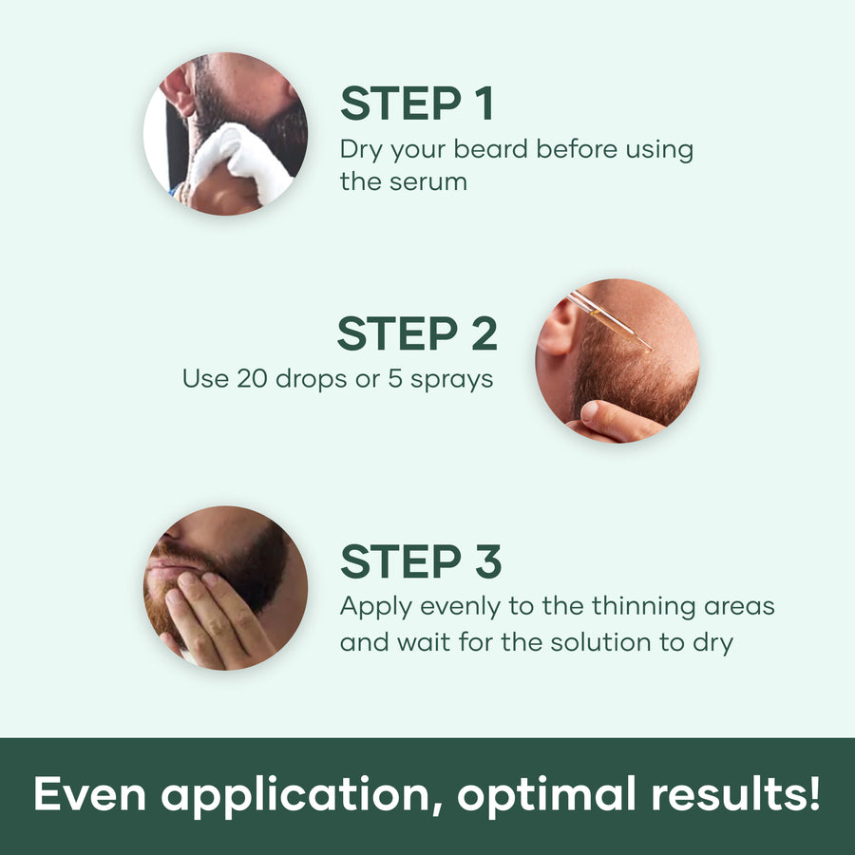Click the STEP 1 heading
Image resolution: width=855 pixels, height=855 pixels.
click(x=417, y=104)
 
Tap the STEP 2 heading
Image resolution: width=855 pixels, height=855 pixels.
click(x=416, y=334)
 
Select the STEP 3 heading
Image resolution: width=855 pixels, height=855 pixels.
click(x=421, y=562)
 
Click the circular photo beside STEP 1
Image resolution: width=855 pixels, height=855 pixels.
click(x=225, y=133)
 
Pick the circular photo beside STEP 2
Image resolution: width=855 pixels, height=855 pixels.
click(x=617, y=361)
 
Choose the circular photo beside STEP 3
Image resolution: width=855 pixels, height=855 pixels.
click(x=225, y=588)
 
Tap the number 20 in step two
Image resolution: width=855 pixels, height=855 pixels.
click(x=256, y=378)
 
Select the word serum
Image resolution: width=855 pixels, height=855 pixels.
click(x=427, y=181)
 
